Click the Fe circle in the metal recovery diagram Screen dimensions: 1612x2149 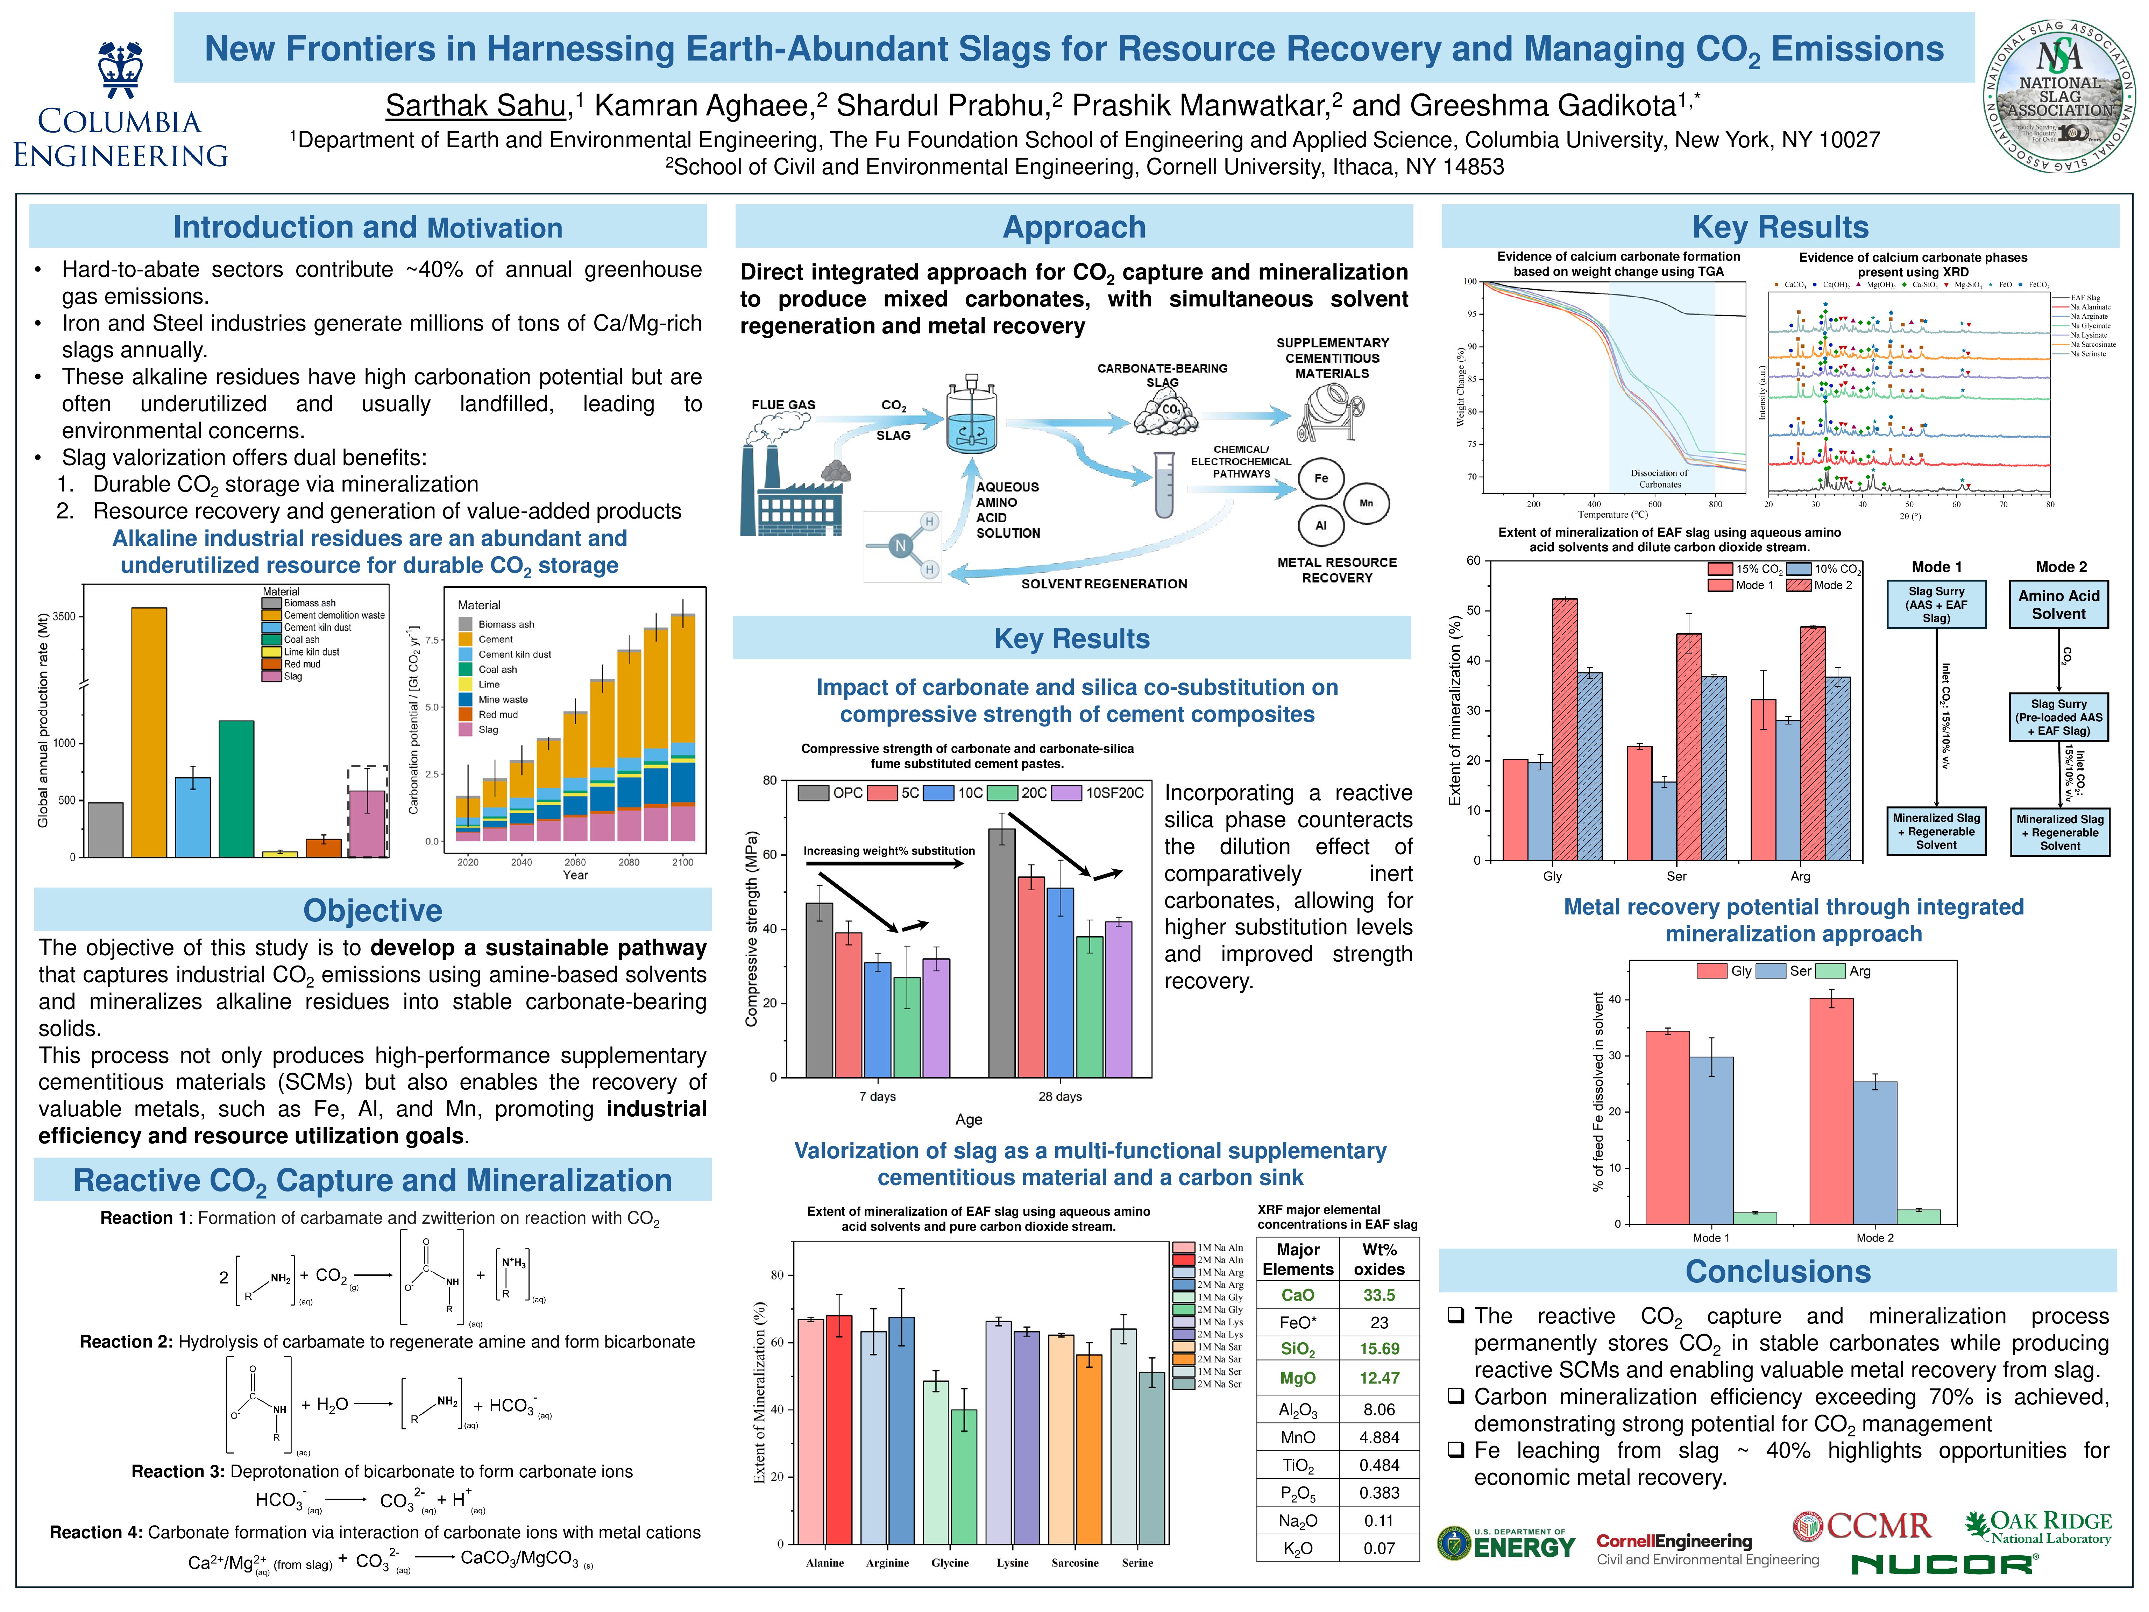1320,478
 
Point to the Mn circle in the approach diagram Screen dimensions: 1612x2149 1366,503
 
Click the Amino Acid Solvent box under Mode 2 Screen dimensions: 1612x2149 2059,604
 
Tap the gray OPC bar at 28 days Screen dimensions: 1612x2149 1002,952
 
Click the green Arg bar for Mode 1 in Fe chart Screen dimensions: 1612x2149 1754,1217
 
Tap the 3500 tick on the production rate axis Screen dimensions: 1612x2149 64,616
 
